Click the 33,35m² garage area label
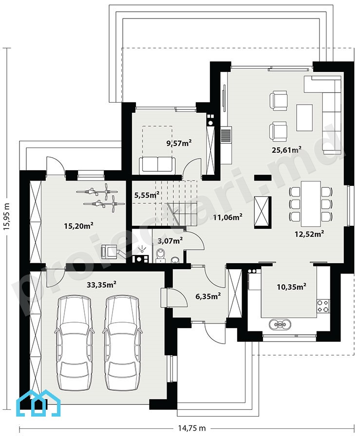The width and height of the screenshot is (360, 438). click(x=101, y=285)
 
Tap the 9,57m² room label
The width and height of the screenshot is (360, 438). click(x=179, y=143)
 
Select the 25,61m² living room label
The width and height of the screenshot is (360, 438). click(x=286, y=150)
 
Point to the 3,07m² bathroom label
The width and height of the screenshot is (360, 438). click(x=171, y=240)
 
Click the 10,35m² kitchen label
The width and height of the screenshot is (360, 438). click(x=291, y=286)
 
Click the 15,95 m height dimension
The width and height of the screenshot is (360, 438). click(x=7, y=217)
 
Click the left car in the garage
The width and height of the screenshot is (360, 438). click(x=75, y=343)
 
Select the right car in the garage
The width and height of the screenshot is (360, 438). click(x=122, y=343)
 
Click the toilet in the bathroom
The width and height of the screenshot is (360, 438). click(x=161, y=255)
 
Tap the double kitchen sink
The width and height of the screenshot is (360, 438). click(x=280, y=324)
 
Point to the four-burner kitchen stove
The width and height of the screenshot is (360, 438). click(x=323, y=306)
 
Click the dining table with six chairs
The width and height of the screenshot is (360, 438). click(x=311, y=203)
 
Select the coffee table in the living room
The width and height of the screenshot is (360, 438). click(x=304, y=118)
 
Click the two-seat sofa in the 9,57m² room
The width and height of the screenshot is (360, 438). click(x=158, y=165)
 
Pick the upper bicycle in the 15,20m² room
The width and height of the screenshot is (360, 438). click(x=97, y=191)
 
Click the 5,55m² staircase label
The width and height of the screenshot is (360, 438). click(x=147, y=195)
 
